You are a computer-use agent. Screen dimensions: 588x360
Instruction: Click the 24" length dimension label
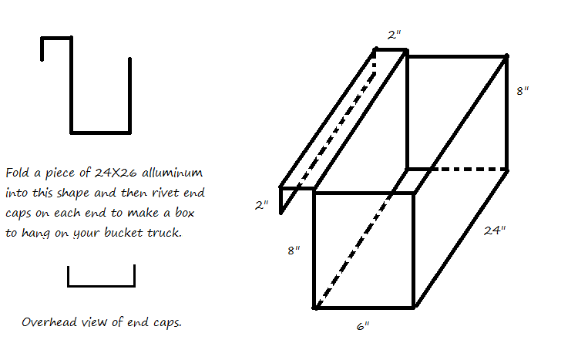coord(495,230)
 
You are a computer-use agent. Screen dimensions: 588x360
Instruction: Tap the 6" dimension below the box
coord(363,326)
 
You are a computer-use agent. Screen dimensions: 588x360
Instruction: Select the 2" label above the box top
coord(394,35)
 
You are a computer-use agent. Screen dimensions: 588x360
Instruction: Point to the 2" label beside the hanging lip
coord(261,205)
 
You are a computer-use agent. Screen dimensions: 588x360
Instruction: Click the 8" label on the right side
coord(522,91)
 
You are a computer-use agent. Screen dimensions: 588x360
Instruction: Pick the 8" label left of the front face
coord(294,250)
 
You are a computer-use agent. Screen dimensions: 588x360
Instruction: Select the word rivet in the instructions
coord(166,193)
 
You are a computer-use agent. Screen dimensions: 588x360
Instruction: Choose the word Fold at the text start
coord(17,173)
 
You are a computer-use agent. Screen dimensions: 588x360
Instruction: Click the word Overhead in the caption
coord(49,321)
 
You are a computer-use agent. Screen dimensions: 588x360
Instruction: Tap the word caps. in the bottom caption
coord(168,323)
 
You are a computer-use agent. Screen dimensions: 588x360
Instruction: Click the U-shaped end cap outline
coord(101,285)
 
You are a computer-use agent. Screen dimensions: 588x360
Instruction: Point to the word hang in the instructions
coord(35,233)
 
